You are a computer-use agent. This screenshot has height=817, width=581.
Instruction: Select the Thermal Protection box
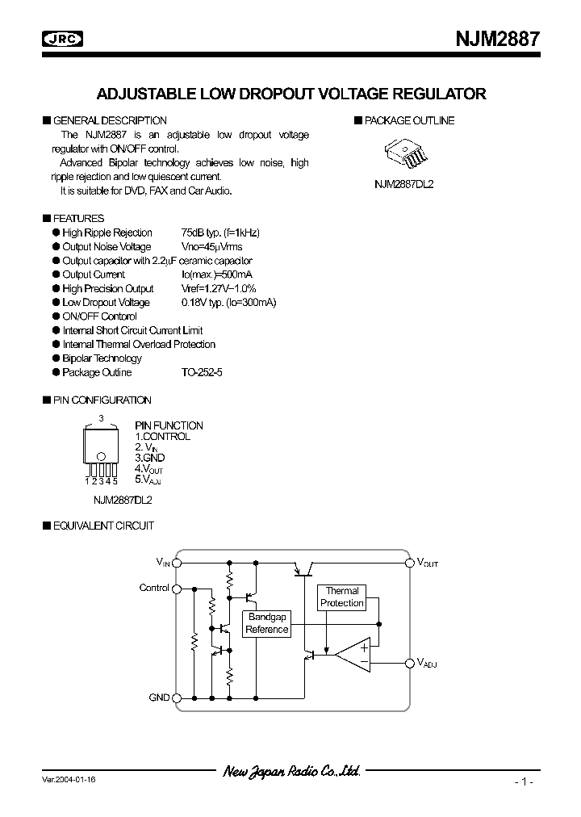[341, 597]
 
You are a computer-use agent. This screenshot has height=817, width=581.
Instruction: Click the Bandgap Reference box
[267, 623]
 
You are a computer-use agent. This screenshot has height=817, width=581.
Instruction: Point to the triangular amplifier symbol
[354, 655]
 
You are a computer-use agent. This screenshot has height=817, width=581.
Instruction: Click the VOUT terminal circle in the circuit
[408, 563]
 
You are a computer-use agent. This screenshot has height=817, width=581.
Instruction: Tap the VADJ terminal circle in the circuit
[408, 663]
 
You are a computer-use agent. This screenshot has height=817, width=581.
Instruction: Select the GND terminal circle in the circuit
[178, 697]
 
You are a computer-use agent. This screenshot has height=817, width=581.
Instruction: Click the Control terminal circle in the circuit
[178, 589]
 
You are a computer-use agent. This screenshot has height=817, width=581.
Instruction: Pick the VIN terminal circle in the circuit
[178, 563]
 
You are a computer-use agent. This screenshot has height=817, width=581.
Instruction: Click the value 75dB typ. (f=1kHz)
[220, 233]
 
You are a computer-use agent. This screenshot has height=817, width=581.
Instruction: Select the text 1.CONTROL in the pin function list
[162, 437]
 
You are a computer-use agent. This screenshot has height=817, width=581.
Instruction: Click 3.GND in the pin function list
[149, 458]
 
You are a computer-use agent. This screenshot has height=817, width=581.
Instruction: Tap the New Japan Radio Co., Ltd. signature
[291, 772]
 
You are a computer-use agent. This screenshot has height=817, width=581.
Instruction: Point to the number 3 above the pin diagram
[101, 417]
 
